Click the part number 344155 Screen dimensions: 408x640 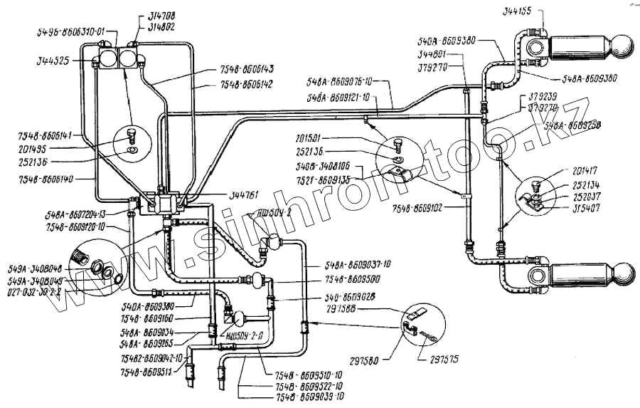click(521, 12)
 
